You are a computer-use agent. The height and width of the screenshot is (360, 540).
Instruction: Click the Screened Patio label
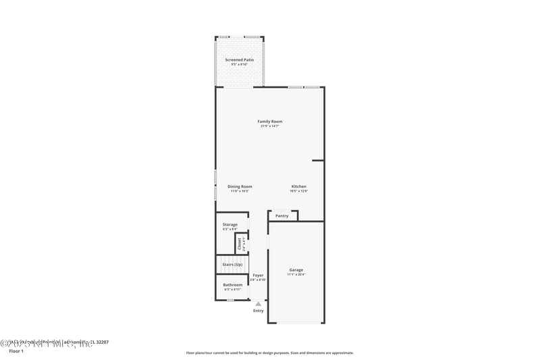click(239, 60)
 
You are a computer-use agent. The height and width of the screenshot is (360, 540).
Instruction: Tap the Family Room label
click(270, 122)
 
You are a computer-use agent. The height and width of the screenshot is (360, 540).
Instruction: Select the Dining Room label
click(240, 186)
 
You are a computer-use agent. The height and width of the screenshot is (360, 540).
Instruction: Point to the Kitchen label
click(299, 186)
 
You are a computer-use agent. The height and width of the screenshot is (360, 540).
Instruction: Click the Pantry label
click(282, 216)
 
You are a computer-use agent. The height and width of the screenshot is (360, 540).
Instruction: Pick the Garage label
click(296, 269)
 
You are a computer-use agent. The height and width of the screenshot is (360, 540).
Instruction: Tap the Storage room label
click(230, 224)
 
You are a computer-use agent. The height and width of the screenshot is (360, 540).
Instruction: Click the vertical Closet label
click(240, 244)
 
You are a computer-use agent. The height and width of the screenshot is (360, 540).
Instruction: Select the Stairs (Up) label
click(232, 264)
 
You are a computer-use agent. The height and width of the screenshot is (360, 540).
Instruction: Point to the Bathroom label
click(233, 285)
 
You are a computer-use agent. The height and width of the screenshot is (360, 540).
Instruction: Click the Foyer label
click(259, 275)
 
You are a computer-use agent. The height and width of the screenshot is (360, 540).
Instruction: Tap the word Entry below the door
click(259, 311)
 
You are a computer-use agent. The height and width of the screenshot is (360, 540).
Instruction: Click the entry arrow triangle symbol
click(259, 304)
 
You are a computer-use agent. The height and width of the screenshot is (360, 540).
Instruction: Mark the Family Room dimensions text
click(270, 126)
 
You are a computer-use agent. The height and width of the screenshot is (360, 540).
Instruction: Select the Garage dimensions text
click(296, 274)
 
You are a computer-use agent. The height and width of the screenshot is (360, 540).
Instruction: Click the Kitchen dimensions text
click(299, 191)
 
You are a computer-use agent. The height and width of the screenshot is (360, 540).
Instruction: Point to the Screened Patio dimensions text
click(239, 65)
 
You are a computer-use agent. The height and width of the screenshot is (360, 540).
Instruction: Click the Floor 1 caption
click(16, 351)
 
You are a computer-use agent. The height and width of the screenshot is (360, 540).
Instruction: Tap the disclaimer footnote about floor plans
click(270, 353)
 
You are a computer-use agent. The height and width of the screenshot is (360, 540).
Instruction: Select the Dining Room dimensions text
click(240, 191)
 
